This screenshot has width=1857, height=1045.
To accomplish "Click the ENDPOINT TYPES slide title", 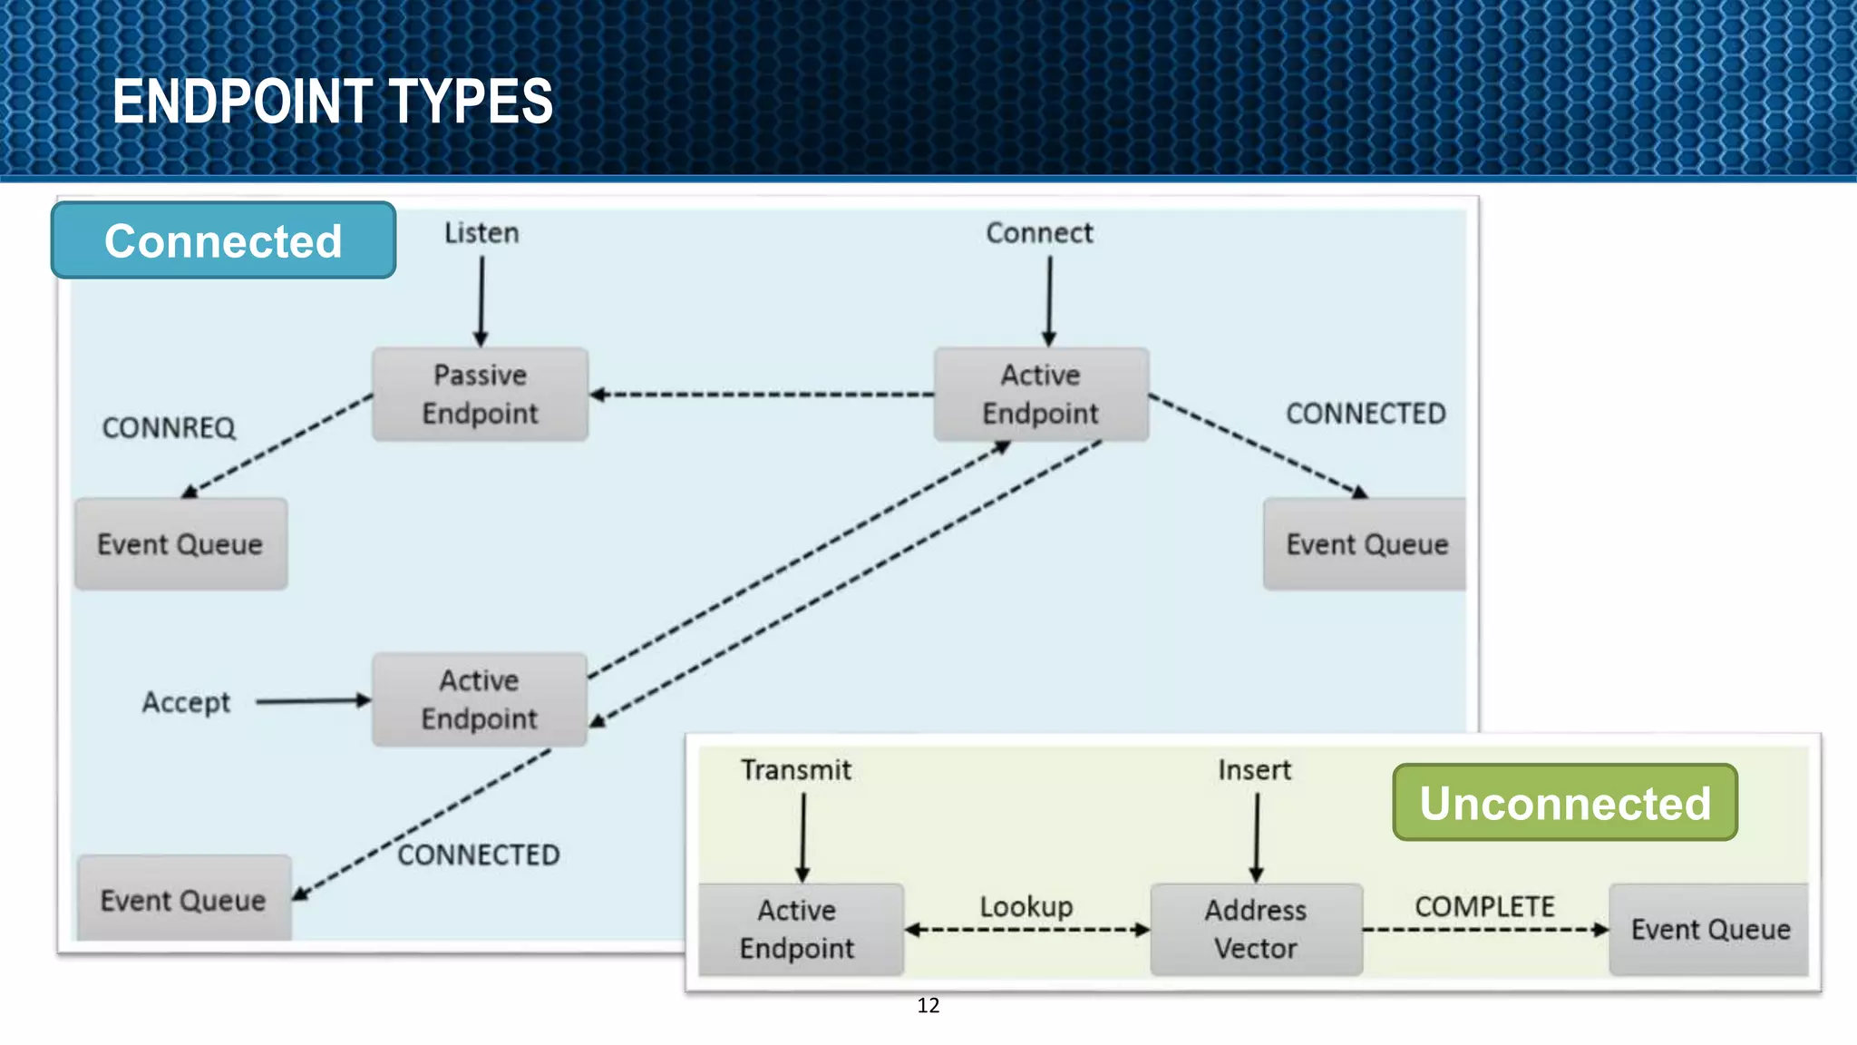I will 332,101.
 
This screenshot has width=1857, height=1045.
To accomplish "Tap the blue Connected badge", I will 223,240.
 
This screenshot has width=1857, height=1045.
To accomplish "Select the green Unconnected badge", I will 1564,803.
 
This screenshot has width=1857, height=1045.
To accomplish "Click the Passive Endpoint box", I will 480,395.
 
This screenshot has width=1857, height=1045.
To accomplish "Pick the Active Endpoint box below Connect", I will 1041,395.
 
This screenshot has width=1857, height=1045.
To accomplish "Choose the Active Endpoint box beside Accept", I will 479,699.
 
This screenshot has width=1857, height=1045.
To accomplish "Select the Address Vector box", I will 1256,929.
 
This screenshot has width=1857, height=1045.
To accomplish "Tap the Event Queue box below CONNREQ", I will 180,544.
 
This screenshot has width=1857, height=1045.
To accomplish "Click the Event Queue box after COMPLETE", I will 1709,930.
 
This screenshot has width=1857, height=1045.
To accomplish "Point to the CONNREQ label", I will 169,427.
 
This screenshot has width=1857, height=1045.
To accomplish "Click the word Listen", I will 481,233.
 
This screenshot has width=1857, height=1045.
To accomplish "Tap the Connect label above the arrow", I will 1039,233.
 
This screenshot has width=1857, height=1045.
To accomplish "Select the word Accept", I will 186,702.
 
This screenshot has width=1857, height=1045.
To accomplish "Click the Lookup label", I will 1026,906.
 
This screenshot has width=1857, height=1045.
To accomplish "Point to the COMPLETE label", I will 1484,906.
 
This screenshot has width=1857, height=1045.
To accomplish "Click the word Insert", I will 1254,770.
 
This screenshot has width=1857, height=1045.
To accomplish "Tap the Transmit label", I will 795,770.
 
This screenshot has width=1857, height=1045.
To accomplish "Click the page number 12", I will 928,1005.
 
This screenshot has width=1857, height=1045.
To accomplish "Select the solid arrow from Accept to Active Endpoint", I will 313,700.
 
